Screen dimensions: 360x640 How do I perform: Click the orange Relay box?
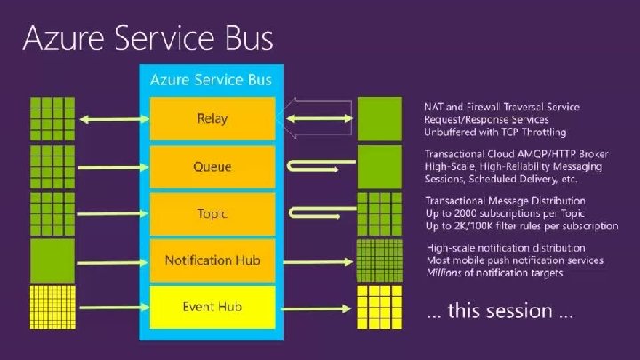point(212,118)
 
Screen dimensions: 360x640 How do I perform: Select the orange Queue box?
point(212,166)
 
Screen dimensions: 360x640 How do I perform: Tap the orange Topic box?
point(212,213)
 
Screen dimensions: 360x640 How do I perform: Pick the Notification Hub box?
point(212,260)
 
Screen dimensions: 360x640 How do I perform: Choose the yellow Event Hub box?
point(212,307)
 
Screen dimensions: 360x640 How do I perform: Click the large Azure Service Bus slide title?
point(148,38)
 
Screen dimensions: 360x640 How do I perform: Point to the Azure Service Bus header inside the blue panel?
point(211,80)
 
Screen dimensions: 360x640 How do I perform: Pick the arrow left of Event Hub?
point(108,308)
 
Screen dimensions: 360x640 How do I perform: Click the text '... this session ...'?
point(499,312)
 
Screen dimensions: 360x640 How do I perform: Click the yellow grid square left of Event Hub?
point(52,308)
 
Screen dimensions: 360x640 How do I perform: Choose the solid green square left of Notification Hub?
point(52,260)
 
